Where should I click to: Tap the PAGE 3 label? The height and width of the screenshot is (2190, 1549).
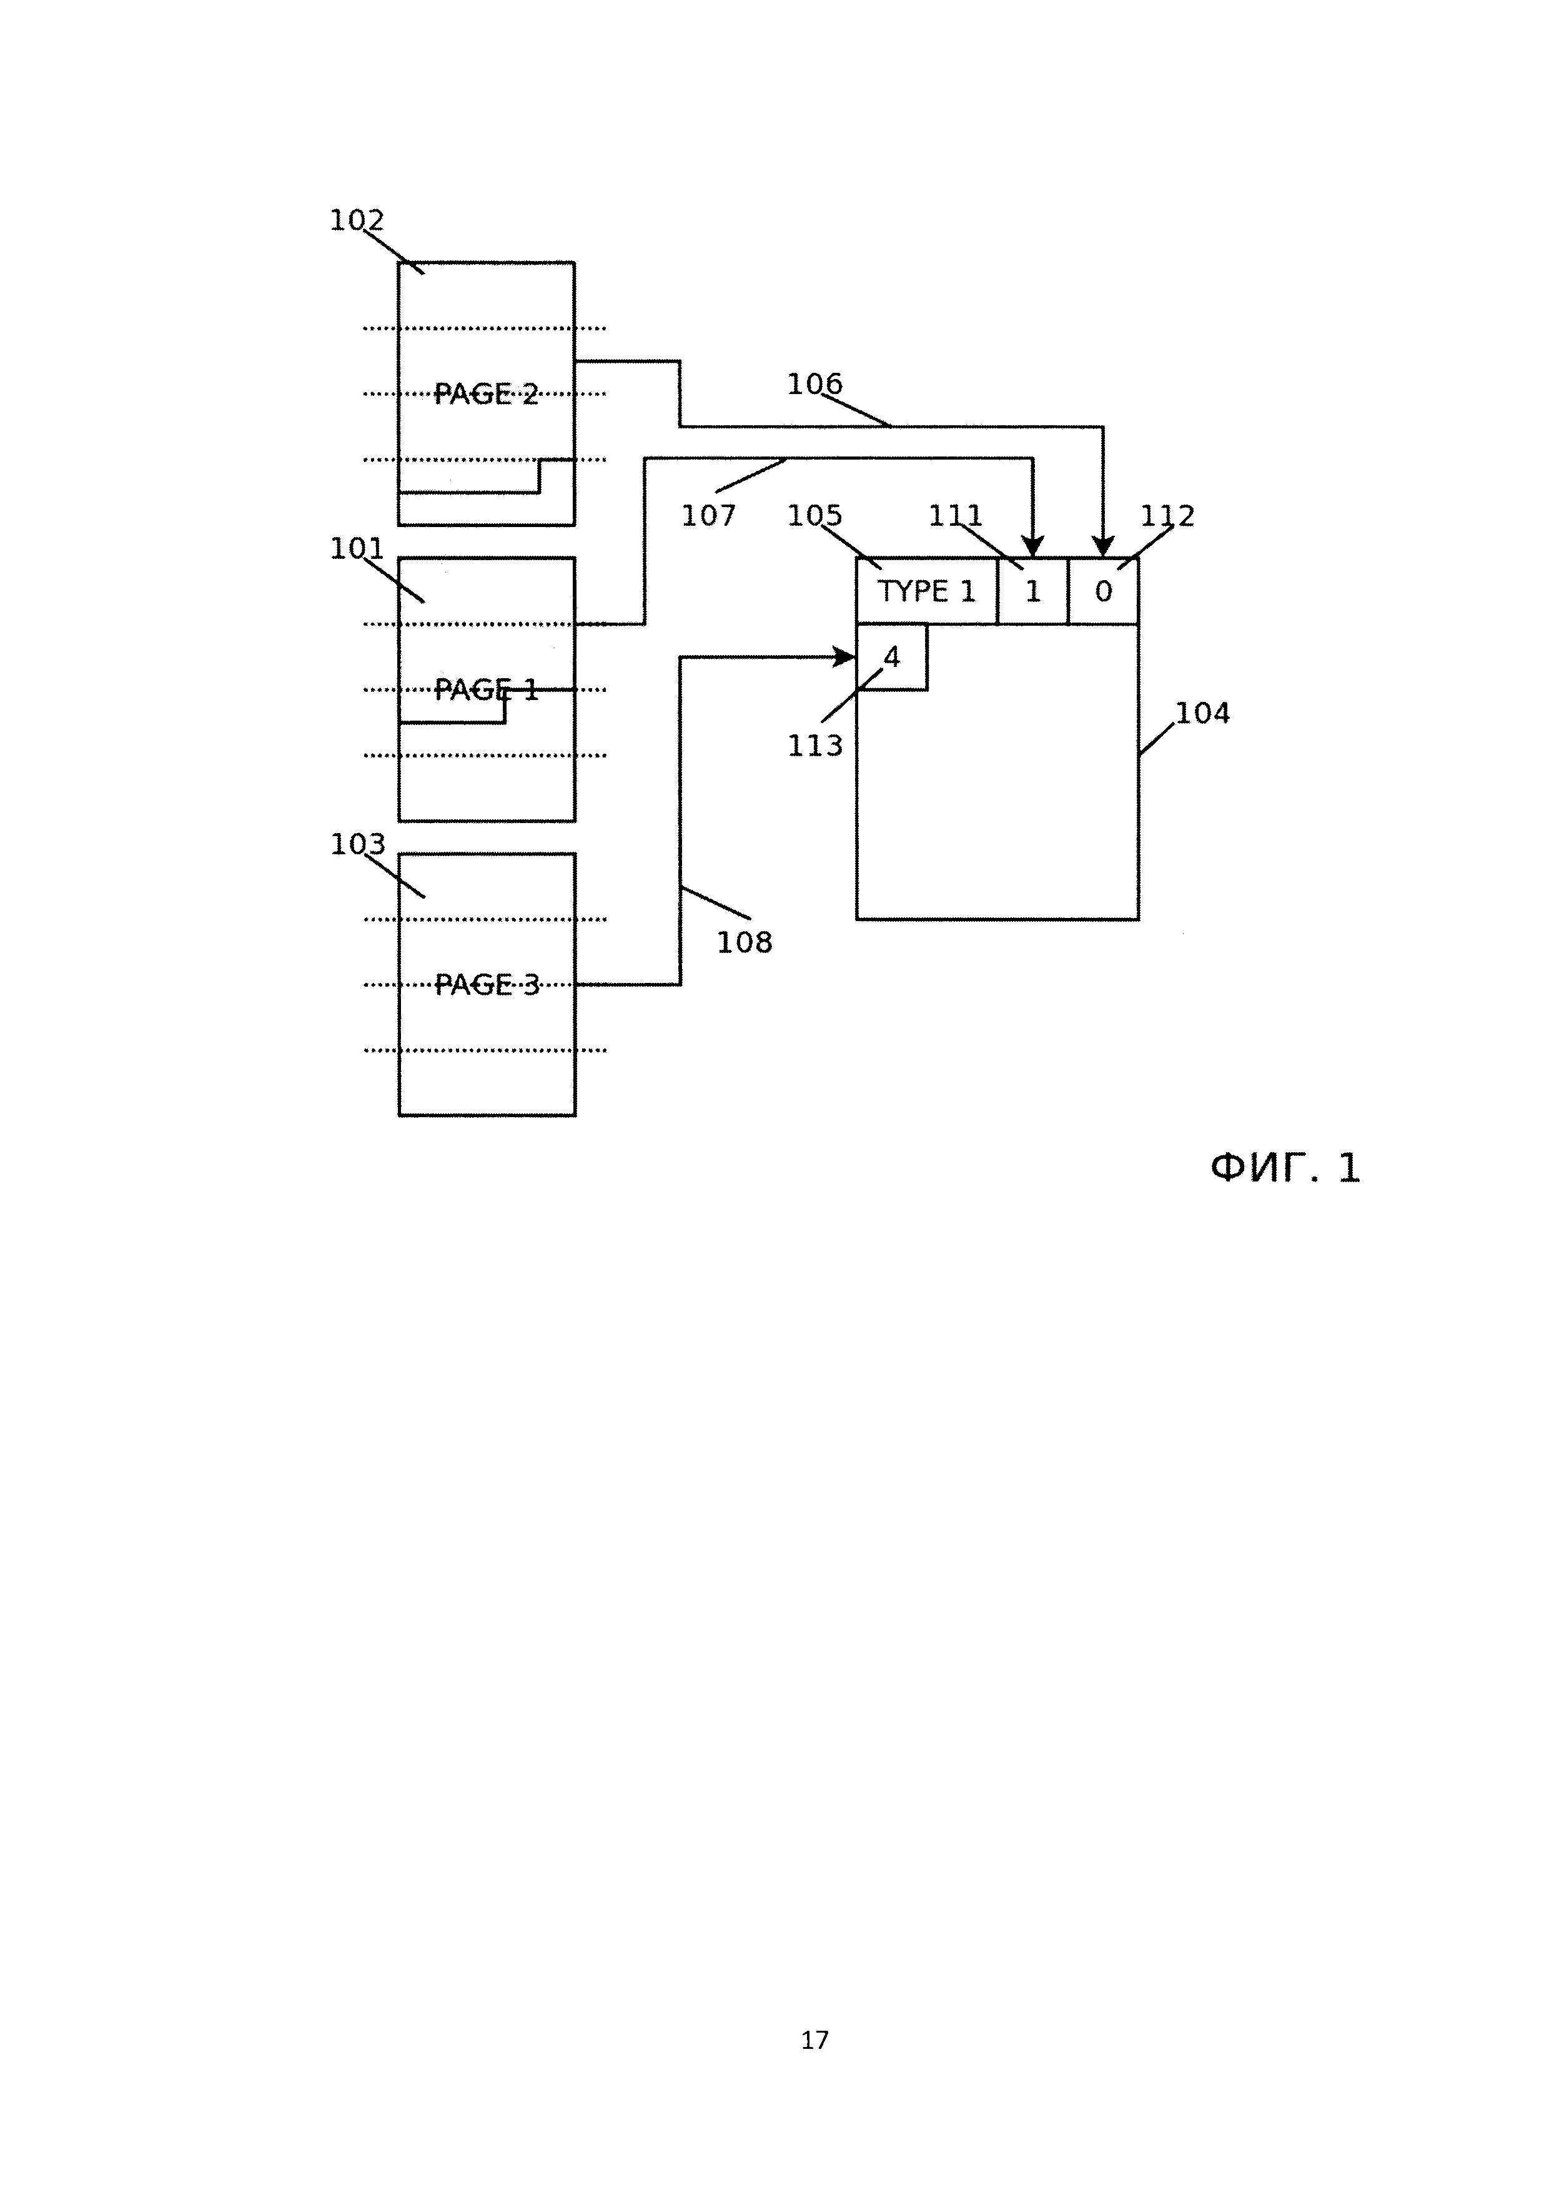tap(487, 984)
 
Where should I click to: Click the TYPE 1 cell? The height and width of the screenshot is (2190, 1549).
tap(926, 591)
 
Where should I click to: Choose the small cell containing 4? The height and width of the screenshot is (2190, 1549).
tap(892, 657)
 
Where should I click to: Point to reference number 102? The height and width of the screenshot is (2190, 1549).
tap(356, 220)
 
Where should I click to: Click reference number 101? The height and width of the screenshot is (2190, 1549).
tap(356, 548)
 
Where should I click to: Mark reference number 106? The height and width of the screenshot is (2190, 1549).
tap(814, 385)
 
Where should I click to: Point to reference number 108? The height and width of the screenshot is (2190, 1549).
tap(744, 942)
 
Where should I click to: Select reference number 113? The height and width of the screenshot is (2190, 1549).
tap(814, 746)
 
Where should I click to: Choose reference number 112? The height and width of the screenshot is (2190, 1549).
tap(1167, 516)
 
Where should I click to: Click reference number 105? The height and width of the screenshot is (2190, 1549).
tap(814, 516)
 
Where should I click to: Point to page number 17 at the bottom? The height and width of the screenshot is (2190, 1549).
tap(814, 2040)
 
